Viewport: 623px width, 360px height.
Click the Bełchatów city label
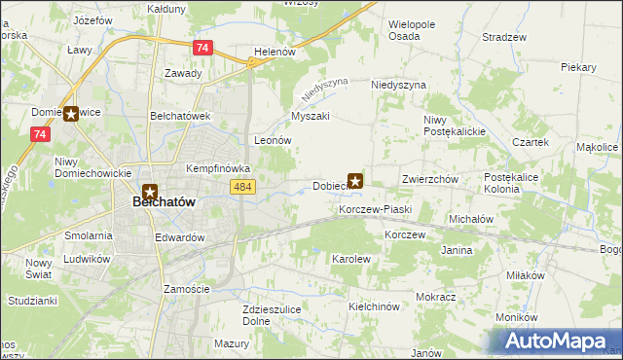click(163, 201)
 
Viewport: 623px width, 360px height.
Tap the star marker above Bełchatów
click(150, 193)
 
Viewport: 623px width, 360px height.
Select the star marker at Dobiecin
click(356, 181)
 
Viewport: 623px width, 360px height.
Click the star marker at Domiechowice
click(70, 114)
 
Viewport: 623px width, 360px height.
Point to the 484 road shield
click(243, 186)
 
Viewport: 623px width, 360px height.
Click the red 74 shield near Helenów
click(202, 48)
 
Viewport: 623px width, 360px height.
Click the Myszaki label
click(311, 117)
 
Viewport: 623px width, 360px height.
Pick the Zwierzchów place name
click(429, 180)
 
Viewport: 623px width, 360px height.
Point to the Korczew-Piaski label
click(376, 210)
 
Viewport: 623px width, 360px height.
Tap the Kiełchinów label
click(375, 306)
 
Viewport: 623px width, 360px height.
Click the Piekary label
click(578, 67)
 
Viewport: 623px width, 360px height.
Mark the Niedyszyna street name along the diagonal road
click(324, 90)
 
